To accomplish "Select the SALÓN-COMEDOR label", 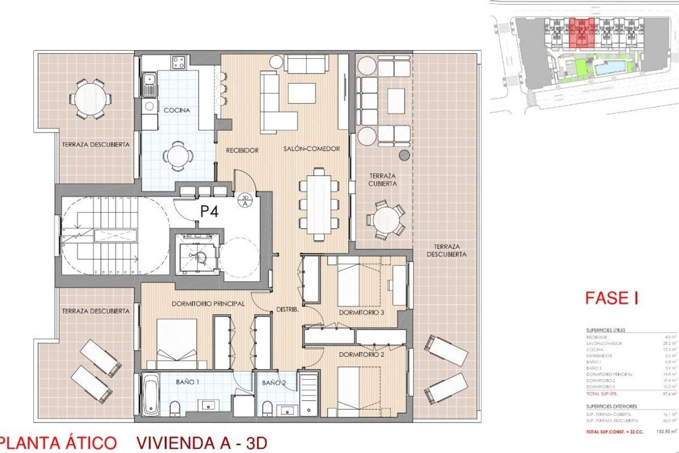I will point(312,149).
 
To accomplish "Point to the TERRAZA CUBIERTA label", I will point(380,180).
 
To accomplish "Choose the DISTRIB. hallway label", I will point(287,310).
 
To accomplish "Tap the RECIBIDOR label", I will point(242,151).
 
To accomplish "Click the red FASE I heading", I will point(611,298).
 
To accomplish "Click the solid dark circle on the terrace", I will point(404,155).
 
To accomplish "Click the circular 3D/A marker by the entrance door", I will point(244,201).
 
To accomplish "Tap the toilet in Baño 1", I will point(175,407).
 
